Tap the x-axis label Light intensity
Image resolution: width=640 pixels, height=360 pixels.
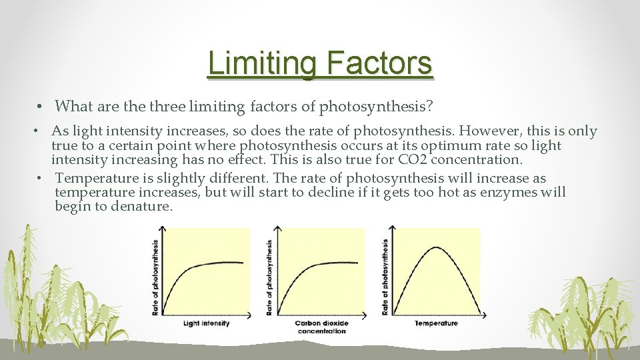[x=206, y=323]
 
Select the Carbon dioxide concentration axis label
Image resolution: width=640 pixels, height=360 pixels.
[x=322, y=327]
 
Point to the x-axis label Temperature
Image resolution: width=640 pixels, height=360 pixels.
[x=436, y=323]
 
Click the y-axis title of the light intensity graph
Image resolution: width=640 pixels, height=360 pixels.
[x=155, y=277]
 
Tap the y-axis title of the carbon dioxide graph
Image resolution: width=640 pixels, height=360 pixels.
[x=269, y=277]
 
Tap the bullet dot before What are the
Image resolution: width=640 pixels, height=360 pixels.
[x=41, y=107]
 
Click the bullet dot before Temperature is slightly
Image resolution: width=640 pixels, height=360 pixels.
[x=41, y=179]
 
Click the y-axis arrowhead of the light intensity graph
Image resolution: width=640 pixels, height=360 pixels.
[x=165, y=231]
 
